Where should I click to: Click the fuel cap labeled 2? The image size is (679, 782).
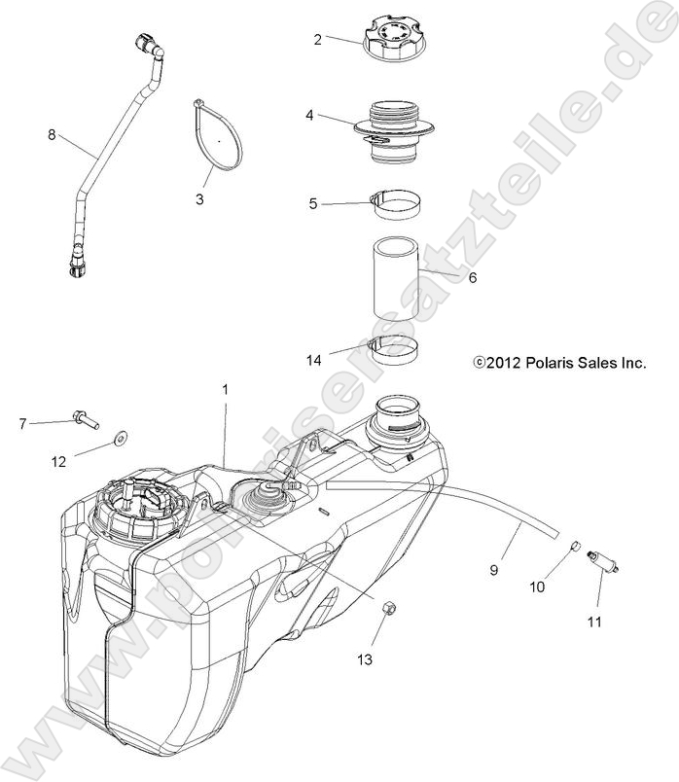tap(391, 40)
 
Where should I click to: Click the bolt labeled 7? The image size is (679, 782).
tap(86, 420)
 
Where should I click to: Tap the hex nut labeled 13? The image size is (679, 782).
tap(384, 608)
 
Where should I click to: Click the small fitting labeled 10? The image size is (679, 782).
tap(576, 549)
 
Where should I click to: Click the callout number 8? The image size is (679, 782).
tap(52, 135)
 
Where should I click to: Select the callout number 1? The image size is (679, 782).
tap(226, 389)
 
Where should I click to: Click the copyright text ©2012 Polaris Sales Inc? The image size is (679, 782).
tap(559, 363)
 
